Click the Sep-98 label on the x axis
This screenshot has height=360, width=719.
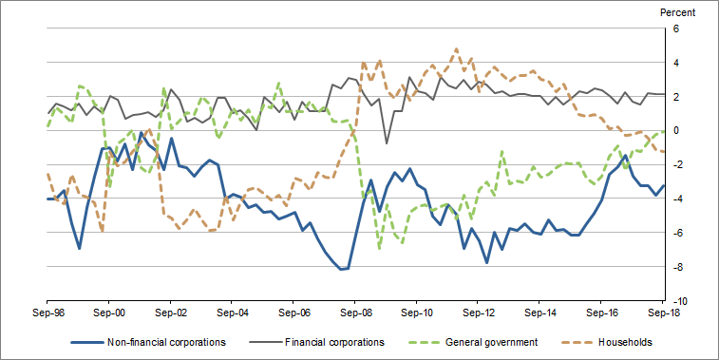pyautogui.click(x=47, y=311)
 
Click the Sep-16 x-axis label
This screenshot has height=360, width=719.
pyautogui.click(x=601, y=311)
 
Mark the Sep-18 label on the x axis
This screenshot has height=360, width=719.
pyautogui.click(x=662, y=311)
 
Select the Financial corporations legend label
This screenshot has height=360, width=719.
pyautogui.click(x=335, y=342)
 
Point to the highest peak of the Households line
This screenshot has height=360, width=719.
pyautogui.click(x=457, y=48)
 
